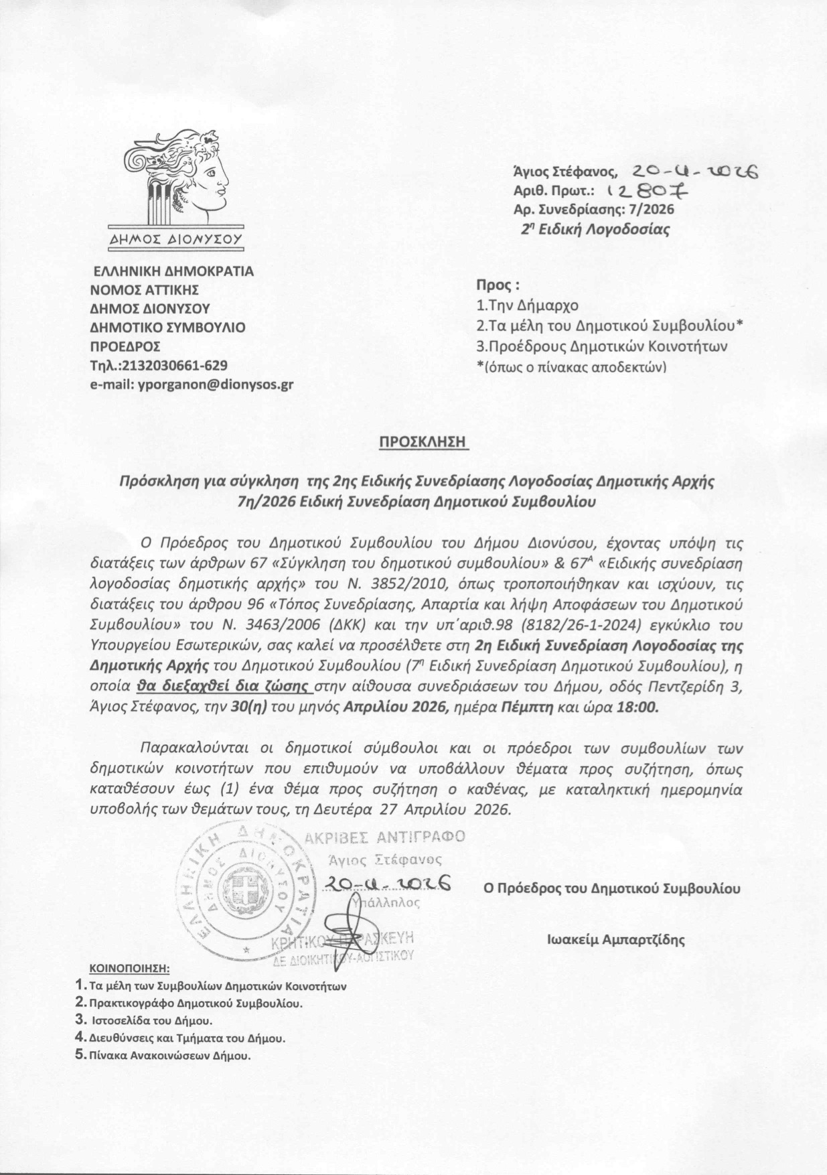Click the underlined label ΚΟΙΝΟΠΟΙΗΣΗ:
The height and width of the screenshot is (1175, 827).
130,969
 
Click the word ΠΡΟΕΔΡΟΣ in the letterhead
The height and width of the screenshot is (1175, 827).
125,347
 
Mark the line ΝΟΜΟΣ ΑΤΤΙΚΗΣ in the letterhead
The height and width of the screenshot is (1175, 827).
145,291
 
